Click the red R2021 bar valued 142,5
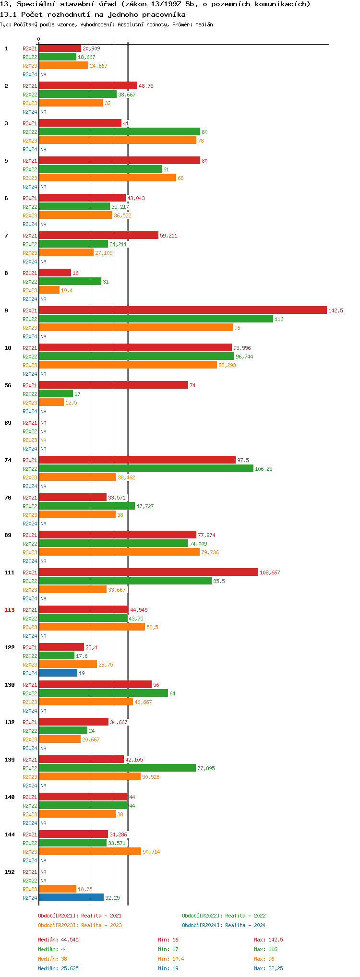tap(182, 310)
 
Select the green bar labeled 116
tap(156, 319)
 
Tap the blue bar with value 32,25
tap(71, 898)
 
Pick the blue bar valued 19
tap(58, 673)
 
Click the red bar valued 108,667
tap(148, 572)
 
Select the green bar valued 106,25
tap(146, 469)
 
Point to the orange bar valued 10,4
tap(49, 290)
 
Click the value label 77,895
tap(206, 768)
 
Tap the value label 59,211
tap(168, 236)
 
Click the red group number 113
tap(10, 610)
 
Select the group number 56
tap(8, 385)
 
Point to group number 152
tap(10, 872)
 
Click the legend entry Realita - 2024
tap(224, 925)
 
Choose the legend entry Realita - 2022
tap(224, 916)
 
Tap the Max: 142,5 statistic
tap(268, 940)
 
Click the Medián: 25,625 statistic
tap(58, 968)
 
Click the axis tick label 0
tap(39, 39)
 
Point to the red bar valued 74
tap(113, 385)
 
